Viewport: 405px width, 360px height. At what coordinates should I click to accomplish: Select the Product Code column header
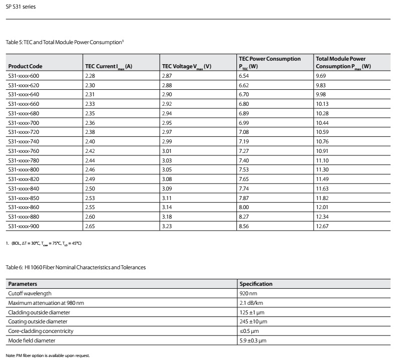[26, 66]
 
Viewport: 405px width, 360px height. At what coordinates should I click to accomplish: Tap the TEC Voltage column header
[186, 66]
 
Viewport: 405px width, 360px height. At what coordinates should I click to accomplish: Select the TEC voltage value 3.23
[167, 226]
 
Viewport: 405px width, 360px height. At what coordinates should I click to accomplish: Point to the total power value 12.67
[323, 226]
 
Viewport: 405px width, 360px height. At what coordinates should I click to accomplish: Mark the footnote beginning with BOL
[45, 243]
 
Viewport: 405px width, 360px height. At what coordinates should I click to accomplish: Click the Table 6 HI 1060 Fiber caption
[75, 267]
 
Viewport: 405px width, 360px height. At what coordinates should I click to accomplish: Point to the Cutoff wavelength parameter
[30, 293]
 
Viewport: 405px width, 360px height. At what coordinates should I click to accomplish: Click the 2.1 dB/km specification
[253, 303]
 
